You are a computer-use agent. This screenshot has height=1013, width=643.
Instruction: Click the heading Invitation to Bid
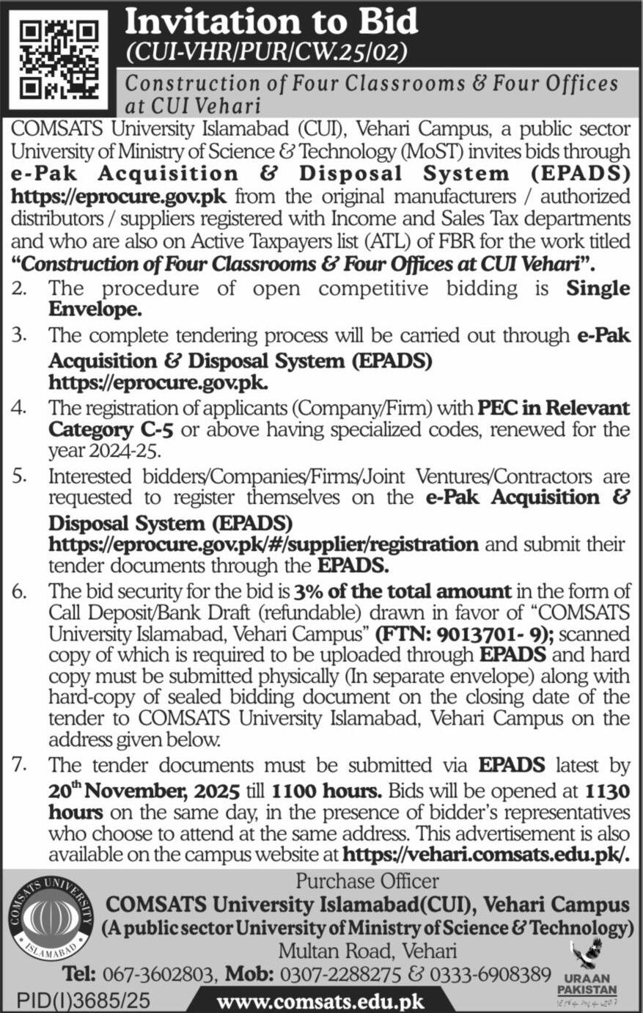click(271, 22)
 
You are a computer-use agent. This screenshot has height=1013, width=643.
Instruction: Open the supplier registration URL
click(263, 544)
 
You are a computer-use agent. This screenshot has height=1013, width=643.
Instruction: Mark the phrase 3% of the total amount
click(403, 590)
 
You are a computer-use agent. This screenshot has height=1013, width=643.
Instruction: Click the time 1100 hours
click(326, 792)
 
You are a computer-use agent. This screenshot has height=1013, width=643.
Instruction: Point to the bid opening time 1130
click(607, 792)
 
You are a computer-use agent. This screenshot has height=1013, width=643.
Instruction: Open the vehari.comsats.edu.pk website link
click(487, 855)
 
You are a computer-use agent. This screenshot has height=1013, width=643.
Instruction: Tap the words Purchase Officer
click(367, 880)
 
